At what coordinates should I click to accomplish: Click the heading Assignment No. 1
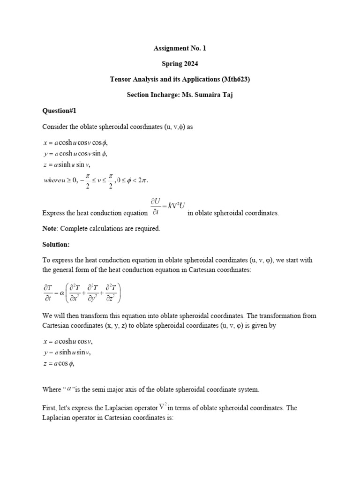pyautogui.click(x=180, y=48)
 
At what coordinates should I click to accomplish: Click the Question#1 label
pyautogui.click(x=59, y=111)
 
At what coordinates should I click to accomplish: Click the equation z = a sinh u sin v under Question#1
pyautogui.click(x=66, y=164)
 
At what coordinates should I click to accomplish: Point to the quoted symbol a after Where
pyautogui.click(x=69, y=388)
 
